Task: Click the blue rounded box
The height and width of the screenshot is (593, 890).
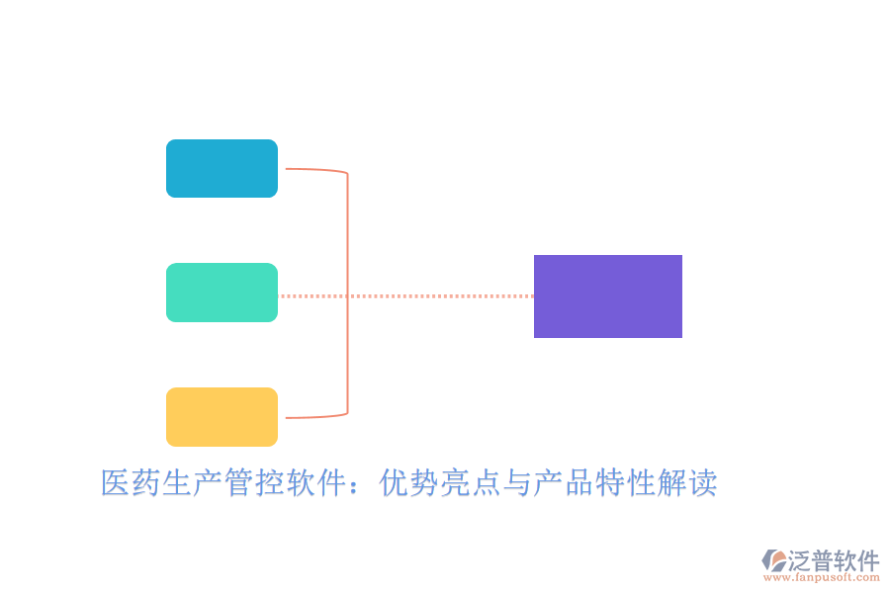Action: [x=222, y=168]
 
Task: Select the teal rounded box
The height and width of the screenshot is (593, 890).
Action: [x=222, y=293]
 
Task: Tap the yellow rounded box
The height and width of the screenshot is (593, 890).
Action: [x=222, y=417]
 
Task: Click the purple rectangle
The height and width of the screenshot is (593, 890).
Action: [x=608, y=296]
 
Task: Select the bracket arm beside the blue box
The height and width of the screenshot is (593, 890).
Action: [x=314, y=170]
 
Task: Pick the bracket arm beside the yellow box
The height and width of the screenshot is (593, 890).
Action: [x=314, y=417]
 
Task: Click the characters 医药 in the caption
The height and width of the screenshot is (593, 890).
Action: [x=132, y=483]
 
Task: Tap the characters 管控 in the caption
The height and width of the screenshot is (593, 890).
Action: [x=255, y=483]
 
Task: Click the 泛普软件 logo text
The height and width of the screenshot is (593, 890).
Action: [x=833, y=561]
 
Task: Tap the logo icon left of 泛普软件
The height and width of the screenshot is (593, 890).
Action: [x=773, y=560]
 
